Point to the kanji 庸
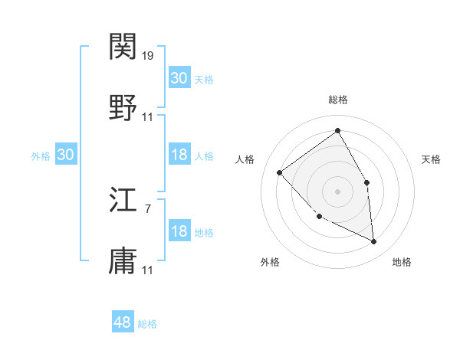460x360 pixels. tap(123, 260)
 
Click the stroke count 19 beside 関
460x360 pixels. tap(149, 56)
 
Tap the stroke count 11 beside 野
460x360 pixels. tap(149, 116)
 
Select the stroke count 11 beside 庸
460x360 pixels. tap(149, 270)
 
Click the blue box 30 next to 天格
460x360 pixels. tap(179, 78)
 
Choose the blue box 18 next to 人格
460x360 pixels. tap(179, 155)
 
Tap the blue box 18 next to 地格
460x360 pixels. tap(179, 232)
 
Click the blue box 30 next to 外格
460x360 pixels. tap(66, 155)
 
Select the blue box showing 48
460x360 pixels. tap(123, 322)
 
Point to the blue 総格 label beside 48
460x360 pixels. tap(147, 324)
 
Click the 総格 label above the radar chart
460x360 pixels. tap(338, 100)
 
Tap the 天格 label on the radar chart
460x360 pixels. tap(431, 159)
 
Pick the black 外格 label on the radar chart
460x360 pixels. tap(270, 262)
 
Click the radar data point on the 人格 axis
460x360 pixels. tap(280, 172)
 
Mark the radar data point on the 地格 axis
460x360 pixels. tap(373, 242)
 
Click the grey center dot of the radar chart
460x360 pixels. tap(337, 191)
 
